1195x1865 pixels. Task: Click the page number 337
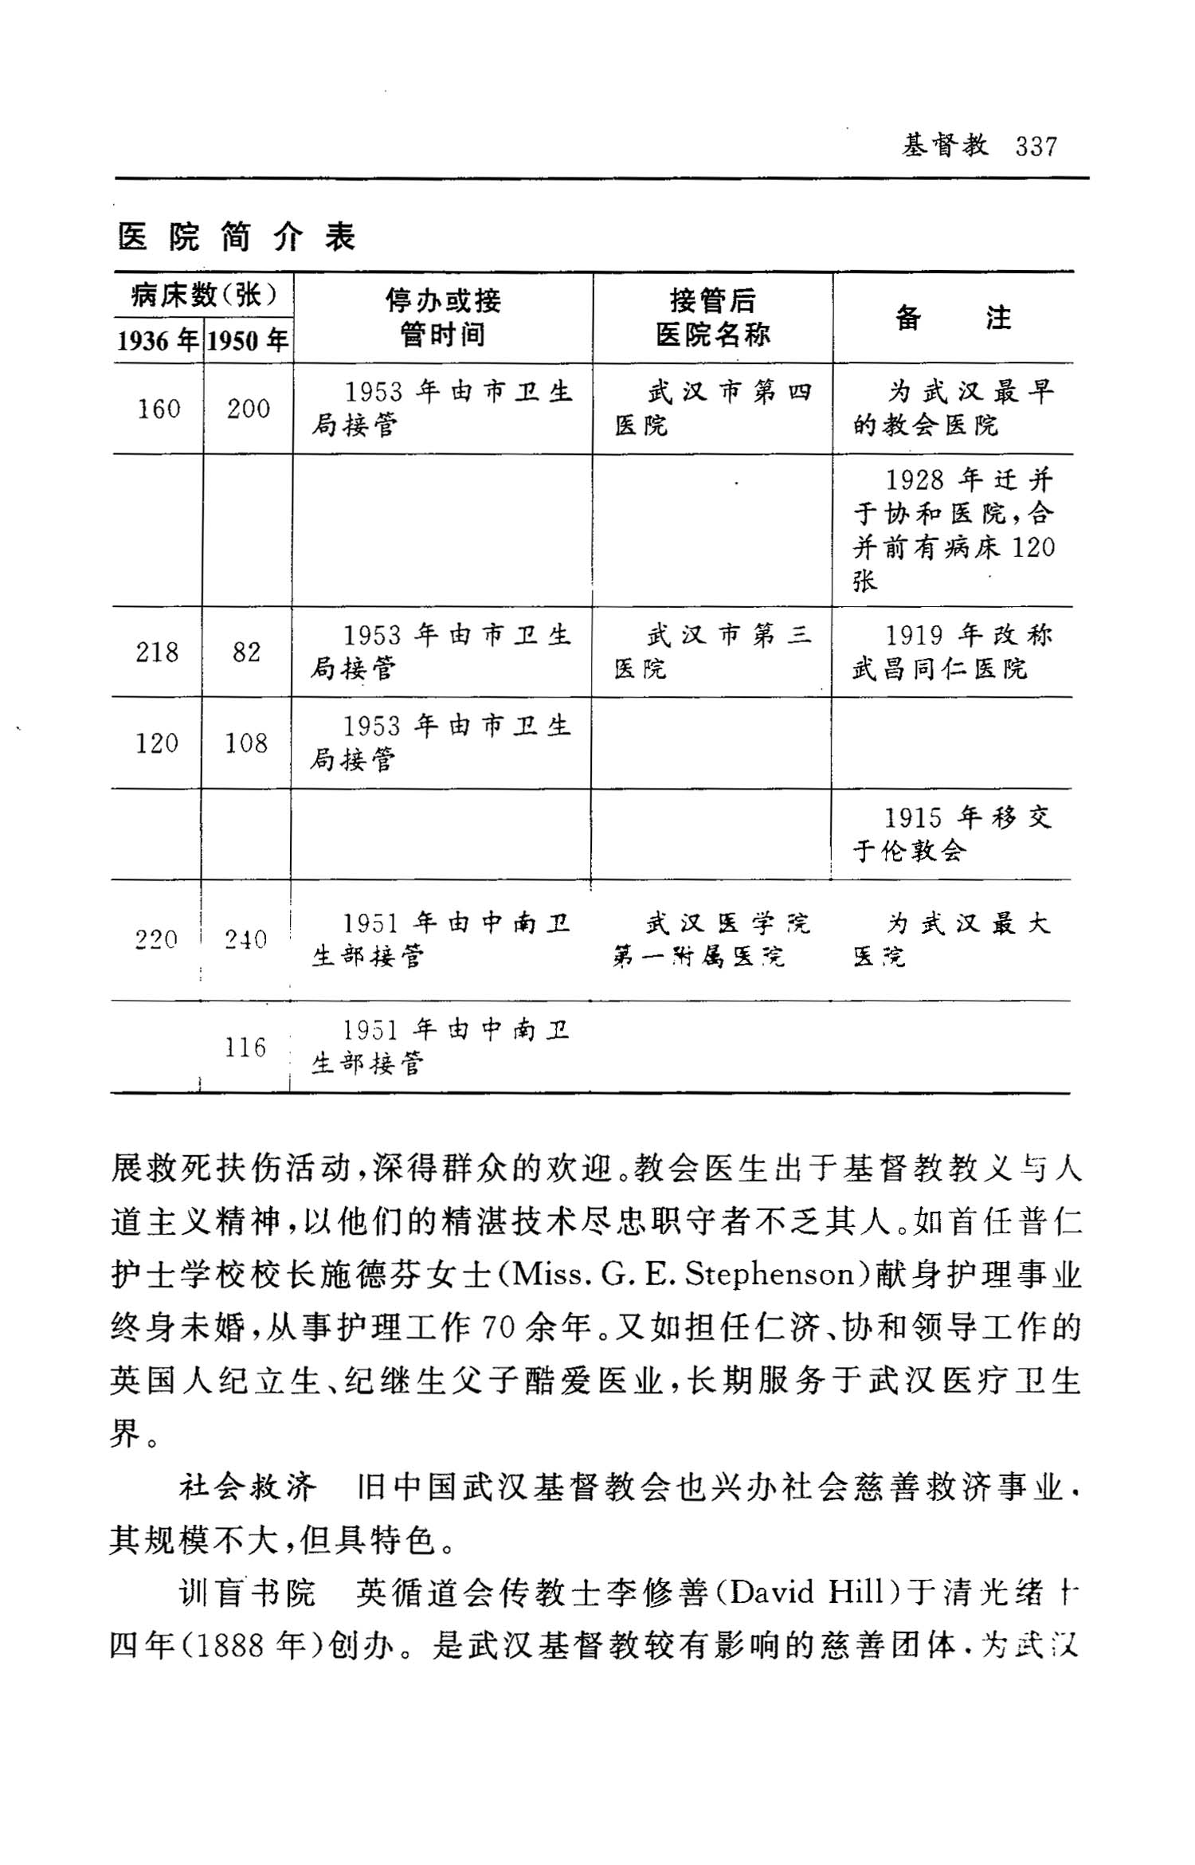pyautogui.click(x=1036, y=147)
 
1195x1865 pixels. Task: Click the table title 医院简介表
pyautogui.click(x=237, y=237)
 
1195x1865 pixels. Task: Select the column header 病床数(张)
pyautogui.click(x=204, y=296)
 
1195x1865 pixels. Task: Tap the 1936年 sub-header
pyautogui.click(x=158, y=341)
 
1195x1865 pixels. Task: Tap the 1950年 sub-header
pyautogui.click(x=248, y=341)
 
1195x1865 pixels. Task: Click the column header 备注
pyautogui.click(x=953, y=319)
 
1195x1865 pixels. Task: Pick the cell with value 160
pyautogui.click(x=159, y=409)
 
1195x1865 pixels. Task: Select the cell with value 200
pyautogui.click(x=248, y=409)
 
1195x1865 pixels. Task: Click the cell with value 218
pyautogui.click(x=157, y=652)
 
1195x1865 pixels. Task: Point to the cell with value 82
pyautogui.click(x=246, y=652)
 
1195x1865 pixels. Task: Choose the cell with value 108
pyautogui.click(x=246, y=743)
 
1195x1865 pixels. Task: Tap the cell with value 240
pyautogui.click(x=245, y=940)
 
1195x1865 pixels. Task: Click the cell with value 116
pyautogui.click(x=245, y=1048)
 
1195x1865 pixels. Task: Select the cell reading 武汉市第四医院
pyautogui.click(x=712, y=409)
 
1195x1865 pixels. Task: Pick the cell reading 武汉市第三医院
pyautogui.click(x=711, y=652)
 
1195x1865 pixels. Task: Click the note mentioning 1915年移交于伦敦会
pyautogui.click(x=951, y=834)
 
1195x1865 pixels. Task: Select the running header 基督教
pyautogui.click(x=945, y=146)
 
